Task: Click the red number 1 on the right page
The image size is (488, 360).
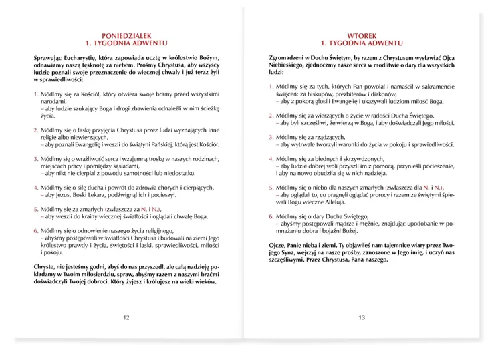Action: (262, 87)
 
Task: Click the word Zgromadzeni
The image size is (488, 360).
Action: (277, 59)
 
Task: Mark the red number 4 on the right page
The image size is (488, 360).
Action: (262, 158)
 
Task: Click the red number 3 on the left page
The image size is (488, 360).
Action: (35, 158)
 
